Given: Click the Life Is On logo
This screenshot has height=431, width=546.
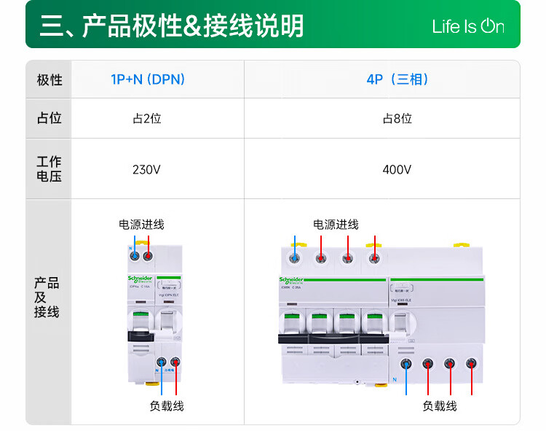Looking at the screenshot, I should pyautogui.click(x=467, y=27).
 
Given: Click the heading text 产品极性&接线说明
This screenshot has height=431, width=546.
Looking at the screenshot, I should pyautogui.click(x=171, y=26).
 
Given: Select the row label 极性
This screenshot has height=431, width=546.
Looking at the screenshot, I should pyautogui.click(x=49, y=79).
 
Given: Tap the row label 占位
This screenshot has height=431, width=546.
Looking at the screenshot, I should pyautogui.click(x=49, y=118).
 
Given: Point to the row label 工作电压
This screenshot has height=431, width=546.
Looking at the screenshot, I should pyautogui.click(x=49, y=168).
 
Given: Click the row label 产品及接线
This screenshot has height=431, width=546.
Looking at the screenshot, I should pyautogui.click(x=47, y=298).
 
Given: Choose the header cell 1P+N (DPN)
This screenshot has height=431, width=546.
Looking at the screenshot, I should pyautogui.click(x=148, y=79).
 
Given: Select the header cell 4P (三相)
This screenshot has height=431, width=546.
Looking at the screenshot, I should pyautogui.click(x=397, y=79).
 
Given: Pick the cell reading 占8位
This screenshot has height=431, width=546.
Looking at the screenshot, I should pyautogui.click(x=397, y=118).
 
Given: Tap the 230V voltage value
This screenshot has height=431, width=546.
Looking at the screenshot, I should pyautogui.click(x=146, y=170).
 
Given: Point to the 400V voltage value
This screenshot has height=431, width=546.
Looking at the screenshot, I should pyautogui.click(x=397, y=170).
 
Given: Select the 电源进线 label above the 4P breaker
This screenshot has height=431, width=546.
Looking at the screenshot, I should pyautogui.click(x=336, y=224).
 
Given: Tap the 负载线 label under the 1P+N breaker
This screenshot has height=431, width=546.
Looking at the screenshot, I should pyautogui.click(x=167, y=406).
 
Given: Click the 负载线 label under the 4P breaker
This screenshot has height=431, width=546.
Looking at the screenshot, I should pyautogui.click(x=439, y=406).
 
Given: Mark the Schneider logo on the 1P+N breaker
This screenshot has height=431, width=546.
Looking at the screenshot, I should pyautogui.click(x=140, y=279).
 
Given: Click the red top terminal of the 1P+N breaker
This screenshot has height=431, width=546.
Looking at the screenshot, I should pyautogui.click(x=148, y=255).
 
